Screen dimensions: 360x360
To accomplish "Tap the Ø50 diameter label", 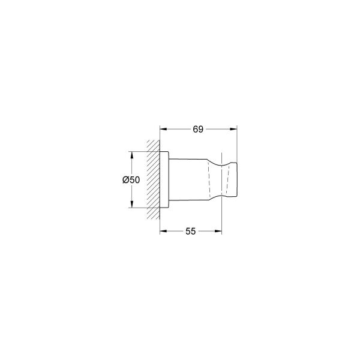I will [x=131, y=180].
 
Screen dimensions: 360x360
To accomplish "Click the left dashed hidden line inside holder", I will [x=210, y=179].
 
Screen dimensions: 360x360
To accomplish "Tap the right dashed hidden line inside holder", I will [x=227, y=179].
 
